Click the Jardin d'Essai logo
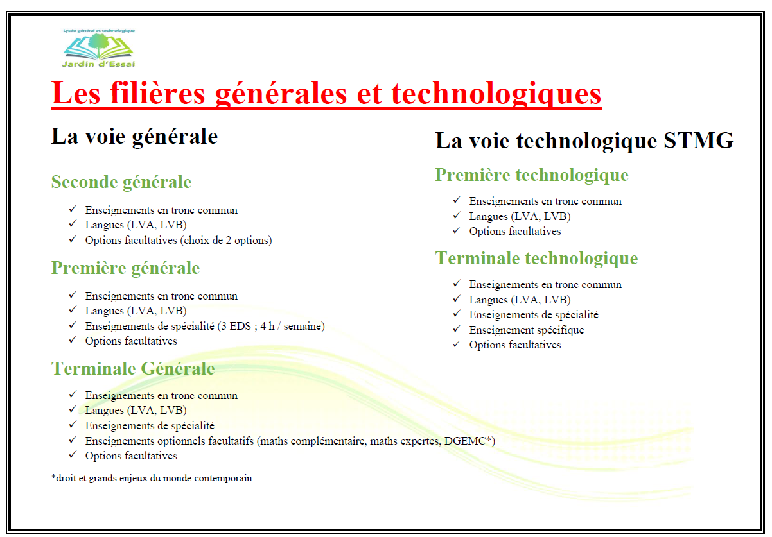pyautogui.click(x=98, y=48)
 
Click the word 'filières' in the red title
pyautogui.click(x=157, y=93)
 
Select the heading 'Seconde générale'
pyautogui.click(x=121, y=182)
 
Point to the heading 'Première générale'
pyautogui.click(x=125, y=268)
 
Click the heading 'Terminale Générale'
pyautogui.click(x=133, y=368)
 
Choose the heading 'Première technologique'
pyautogui.click(x=532, y=175)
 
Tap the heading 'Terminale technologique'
pyautogui.click(x=536, y=258)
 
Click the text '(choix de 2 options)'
pyautogui.click(x=226, y=241)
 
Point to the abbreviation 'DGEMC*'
pyautogui.click(x=468, y=441)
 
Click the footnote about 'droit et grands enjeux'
pyautogui.click(x=152, y=478)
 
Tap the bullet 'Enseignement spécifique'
pyautogui.click(x=527, y=330)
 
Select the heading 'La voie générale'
pyautogui.click(x=134, y=137)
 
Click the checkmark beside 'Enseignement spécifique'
pyautogui.click(x=457, y=329)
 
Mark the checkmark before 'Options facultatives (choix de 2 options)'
pyautogui.click(x=73, y=239)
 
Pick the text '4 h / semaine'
pyautogui.click(x=291, y=326)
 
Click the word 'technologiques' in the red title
pyautogui.click(x=496, y=93)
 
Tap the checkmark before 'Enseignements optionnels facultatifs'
pyautogui.click(x=73, y=440)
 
